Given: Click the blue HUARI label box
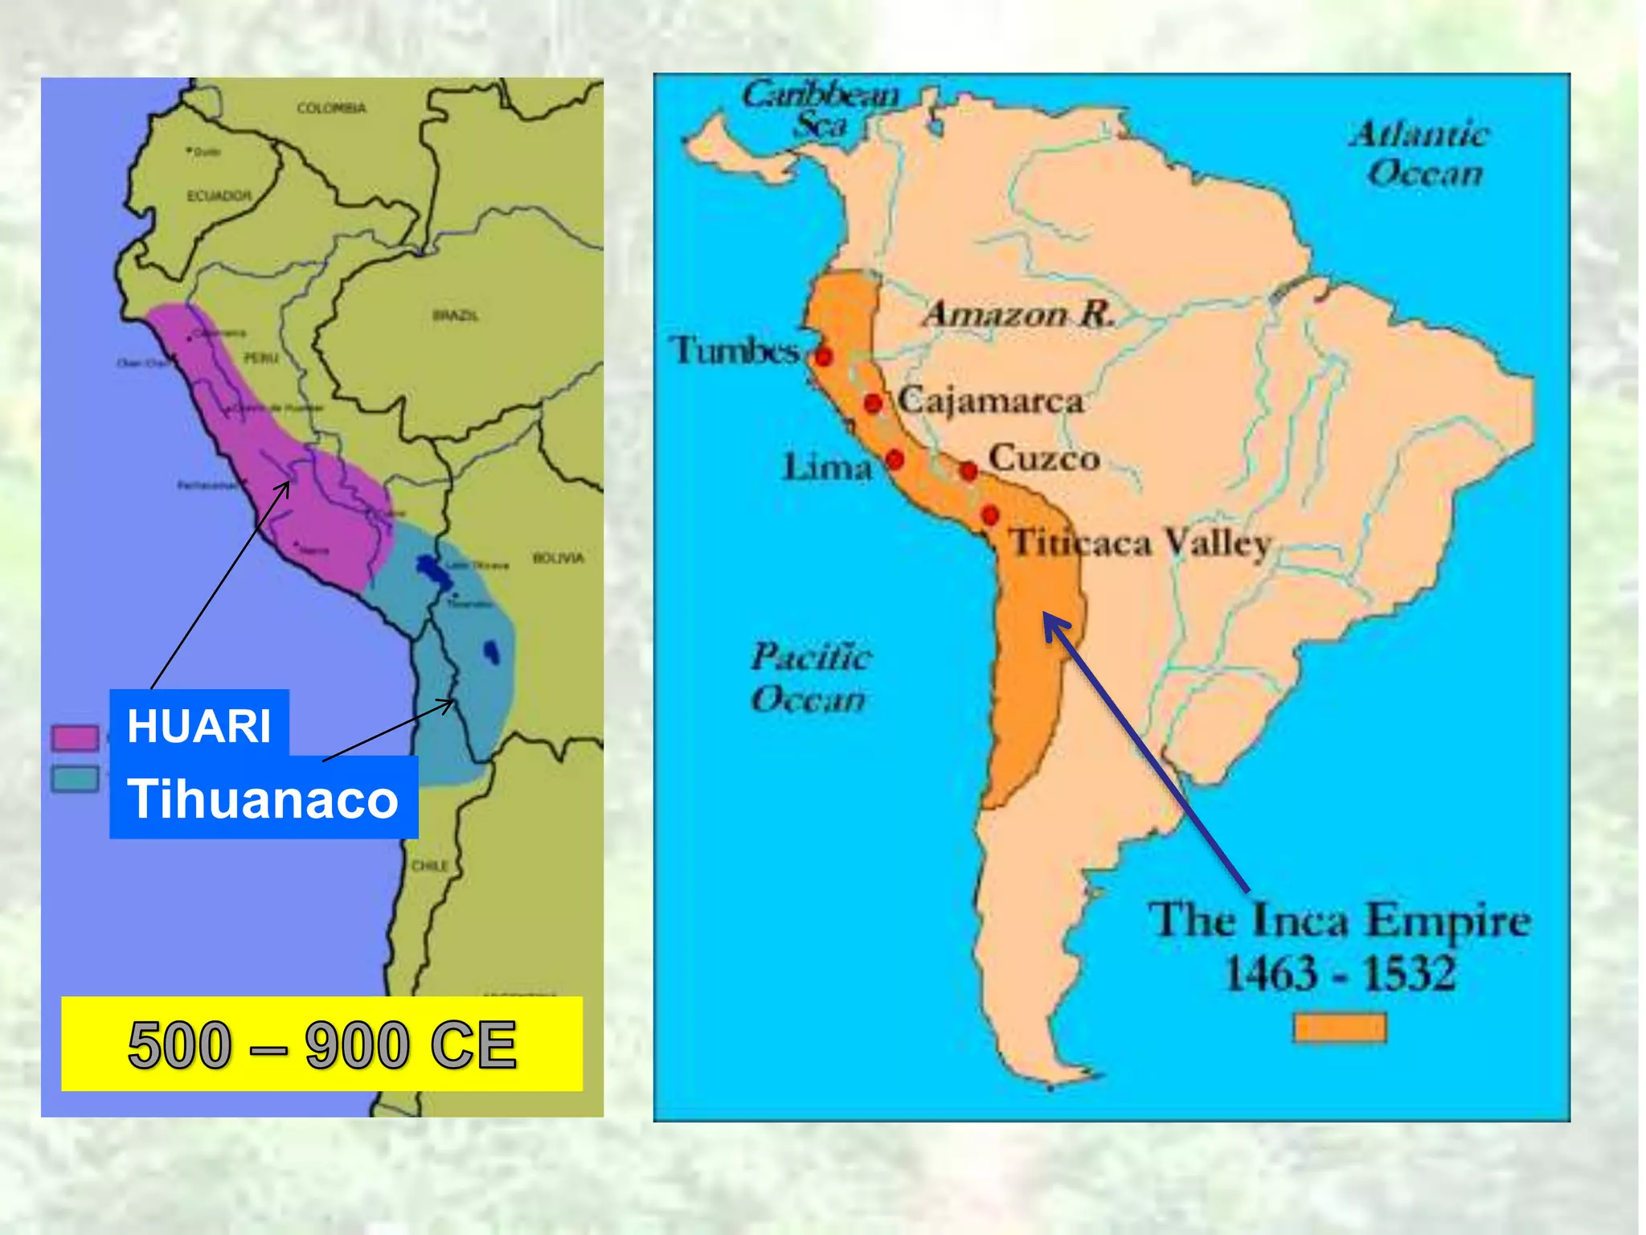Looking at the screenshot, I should click(x=199, y=724).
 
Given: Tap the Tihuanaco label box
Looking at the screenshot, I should click(x=264, y=798).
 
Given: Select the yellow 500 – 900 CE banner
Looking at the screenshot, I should click(x=321, y=1044).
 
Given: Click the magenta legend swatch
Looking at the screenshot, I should click(x=75, y=736).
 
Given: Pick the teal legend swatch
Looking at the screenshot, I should click(x=75, y=778).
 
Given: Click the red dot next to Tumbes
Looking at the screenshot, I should click(x=823, y=356).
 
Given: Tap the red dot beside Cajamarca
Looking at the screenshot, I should click(x=873, y=403).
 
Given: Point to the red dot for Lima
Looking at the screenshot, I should click(x=895, y=460).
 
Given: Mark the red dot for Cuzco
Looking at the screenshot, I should click(x=969, y=470).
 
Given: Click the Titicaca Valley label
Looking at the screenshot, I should click(x=1140, y=543).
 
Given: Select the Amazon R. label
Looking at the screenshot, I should click(x=1018, y=314).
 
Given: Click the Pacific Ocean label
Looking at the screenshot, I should click(x=809, y=677).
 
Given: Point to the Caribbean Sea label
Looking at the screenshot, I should click(x=820, y=109).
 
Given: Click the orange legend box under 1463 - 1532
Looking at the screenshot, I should click(x=1340, y=1027).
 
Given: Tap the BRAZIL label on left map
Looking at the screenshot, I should click(x=455, y=315).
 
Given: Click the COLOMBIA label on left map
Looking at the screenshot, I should click(x=331, y=108).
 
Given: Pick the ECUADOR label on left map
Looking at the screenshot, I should click(x=219, y=195).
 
